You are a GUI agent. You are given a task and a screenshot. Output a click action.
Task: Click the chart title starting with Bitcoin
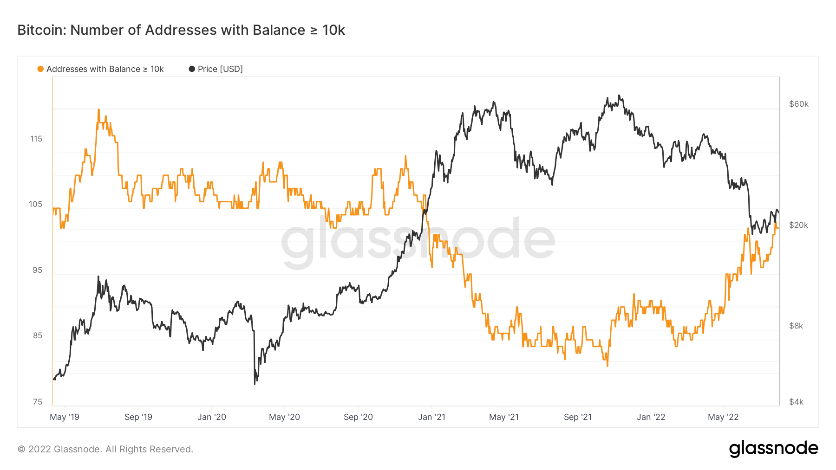(181, 30)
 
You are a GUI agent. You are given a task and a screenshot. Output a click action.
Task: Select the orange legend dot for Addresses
(40, 69)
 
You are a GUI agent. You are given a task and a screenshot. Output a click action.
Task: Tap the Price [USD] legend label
(220, 69)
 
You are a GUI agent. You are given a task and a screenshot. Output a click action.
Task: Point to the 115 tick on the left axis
(36, 139)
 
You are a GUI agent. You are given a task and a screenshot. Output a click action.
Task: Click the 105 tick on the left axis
(36, 204)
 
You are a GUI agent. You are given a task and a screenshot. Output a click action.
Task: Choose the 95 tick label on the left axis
(37, 270)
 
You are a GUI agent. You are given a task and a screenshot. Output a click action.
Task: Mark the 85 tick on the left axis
(37, 335)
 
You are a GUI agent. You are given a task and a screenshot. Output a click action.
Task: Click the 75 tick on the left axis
(37, 402)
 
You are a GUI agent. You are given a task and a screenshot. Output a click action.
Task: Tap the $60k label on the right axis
(798, 104)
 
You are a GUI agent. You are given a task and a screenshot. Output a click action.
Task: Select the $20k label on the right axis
(798, 225)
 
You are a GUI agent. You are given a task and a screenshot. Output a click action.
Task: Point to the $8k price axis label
(796, 326)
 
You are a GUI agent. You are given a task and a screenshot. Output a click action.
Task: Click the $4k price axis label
(796, 402)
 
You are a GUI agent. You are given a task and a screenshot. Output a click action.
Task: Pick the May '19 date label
(65, 417)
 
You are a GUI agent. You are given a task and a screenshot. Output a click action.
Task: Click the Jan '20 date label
(212, 417)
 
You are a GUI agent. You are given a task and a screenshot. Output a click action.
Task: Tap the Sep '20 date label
(358, 417)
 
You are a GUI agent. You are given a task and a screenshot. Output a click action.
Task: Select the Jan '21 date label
(431, 417)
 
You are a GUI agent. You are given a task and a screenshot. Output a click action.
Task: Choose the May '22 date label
(723, 417)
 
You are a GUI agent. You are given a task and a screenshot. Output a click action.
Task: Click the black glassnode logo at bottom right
(773, 449)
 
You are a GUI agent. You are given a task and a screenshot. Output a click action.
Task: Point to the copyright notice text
(105, 449)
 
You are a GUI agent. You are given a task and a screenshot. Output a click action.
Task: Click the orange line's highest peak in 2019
(98, 110)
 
